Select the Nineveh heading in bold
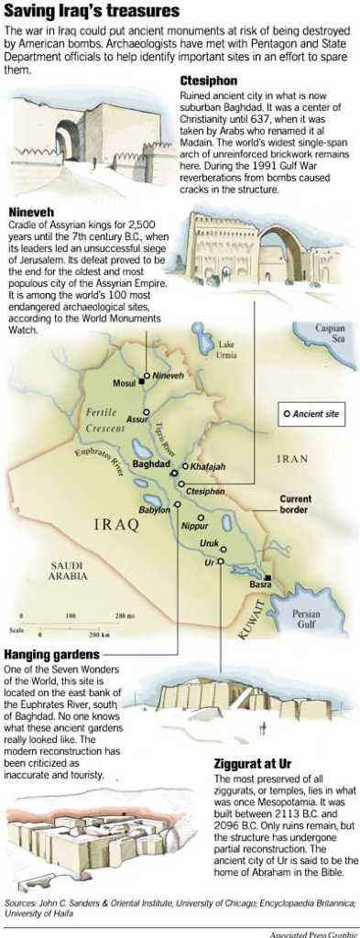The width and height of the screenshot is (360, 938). [30, 212]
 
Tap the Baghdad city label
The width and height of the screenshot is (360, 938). [151, 464]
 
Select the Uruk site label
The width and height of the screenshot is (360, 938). [210, 543]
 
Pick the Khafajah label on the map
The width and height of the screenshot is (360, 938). [209, 466]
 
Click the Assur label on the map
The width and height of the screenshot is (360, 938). [136, 420]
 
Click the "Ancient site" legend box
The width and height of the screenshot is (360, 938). [312, 414]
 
